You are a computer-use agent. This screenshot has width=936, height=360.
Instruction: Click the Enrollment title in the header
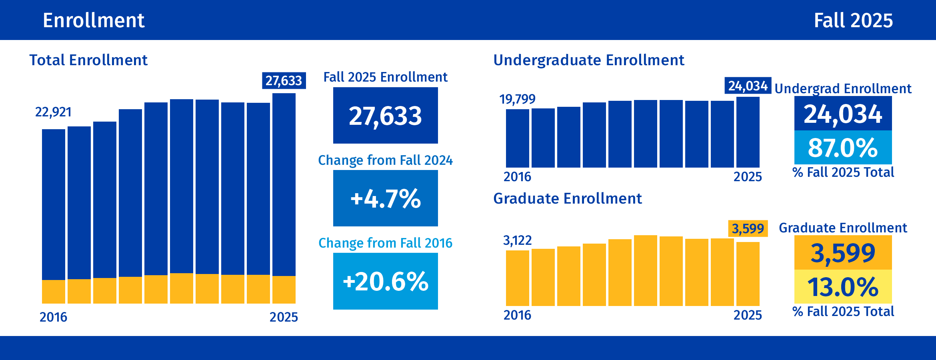93,20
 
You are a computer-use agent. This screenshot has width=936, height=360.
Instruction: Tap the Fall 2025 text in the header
853,20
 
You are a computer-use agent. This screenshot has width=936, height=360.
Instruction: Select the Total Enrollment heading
88,60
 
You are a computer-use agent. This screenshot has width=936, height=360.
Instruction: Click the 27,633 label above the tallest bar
284,81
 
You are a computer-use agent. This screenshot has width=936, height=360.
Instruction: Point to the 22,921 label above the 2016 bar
53,112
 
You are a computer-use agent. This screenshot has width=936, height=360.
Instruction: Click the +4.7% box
385,198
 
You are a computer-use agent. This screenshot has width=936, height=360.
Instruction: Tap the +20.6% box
385,281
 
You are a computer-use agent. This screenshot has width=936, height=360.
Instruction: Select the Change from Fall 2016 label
385,243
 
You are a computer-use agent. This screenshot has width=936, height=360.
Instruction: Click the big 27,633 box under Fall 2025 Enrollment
385,116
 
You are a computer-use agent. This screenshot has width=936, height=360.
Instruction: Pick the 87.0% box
843,148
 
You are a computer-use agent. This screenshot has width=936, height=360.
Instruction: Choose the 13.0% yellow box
843,287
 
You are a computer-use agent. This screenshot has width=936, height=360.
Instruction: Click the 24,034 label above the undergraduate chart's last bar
748,86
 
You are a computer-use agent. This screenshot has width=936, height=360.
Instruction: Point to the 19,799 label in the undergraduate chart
517,99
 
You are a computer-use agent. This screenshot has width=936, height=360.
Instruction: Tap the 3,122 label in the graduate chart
517,240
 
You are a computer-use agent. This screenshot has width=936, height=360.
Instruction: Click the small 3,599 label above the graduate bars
748,229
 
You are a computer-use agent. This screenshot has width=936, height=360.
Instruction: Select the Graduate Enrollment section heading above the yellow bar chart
567,198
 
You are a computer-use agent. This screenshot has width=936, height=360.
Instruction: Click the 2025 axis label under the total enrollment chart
284,317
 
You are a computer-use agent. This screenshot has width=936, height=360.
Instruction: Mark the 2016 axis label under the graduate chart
517,315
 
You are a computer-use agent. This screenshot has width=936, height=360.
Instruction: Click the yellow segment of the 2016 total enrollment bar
54,292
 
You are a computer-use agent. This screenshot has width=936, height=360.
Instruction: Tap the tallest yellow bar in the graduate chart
645,271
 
